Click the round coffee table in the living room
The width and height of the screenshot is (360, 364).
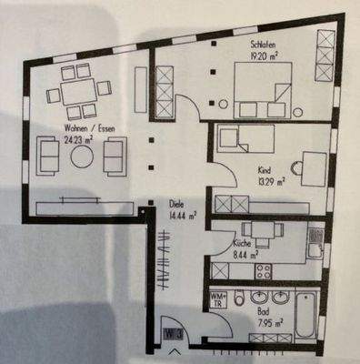click(83, 157)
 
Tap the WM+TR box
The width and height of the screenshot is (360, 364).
click(219, 300)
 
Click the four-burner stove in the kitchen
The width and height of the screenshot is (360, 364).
click(265, 269)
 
